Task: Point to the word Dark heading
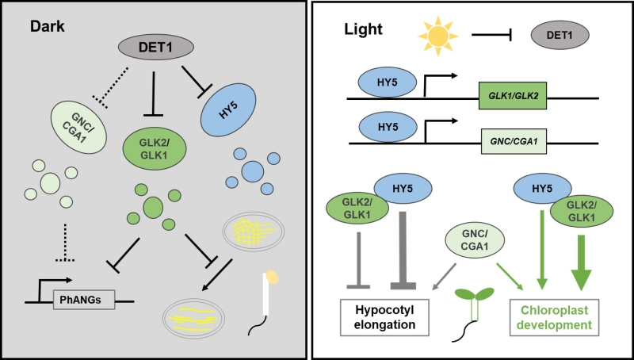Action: (x=47, y=25)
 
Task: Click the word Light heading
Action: (x=364, y=30)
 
